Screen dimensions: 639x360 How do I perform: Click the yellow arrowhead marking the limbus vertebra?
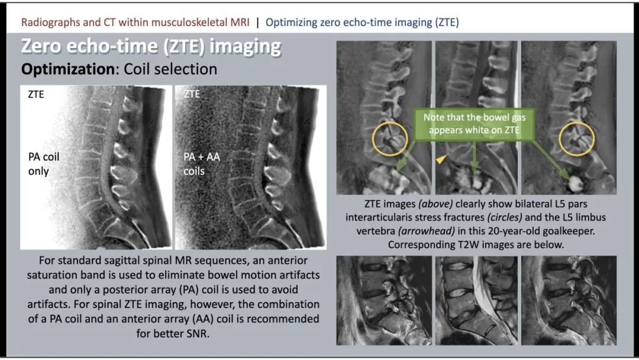(441, 159)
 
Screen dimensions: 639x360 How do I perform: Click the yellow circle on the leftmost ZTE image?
(373, 139)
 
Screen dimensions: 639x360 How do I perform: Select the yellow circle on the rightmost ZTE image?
(560, 139)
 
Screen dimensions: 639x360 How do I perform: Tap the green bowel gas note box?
(475, 124)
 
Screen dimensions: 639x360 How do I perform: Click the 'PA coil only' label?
(43, 164)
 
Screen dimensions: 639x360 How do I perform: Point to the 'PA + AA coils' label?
(201, 164)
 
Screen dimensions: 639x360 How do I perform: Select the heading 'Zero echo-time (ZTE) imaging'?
(151, 47)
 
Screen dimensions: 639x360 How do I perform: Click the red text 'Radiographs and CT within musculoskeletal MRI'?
(135, 22)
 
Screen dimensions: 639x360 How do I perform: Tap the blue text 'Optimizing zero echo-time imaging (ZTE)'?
(362, 22)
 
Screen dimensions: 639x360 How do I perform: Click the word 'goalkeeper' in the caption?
(566, 231)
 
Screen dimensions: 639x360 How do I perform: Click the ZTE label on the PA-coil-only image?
(36, 94)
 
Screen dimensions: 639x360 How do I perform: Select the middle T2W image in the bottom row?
(476, 300)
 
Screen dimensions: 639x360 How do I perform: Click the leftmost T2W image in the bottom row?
(384, 300)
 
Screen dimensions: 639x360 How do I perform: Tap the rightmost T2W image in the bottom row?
(569, 300)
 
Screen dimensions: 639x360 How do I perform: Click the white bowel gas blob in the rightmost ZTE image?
(576, 184)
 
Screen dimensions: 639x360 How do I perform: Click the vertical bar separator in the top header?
(257, 22)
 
